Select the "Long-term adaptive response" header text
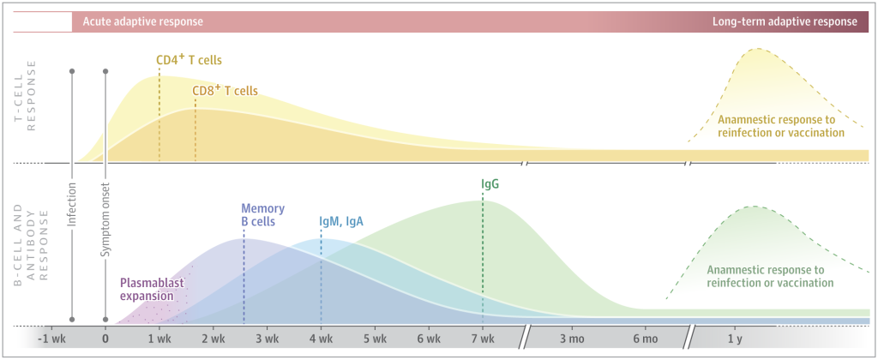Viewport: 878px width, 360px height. [x=784, y=21]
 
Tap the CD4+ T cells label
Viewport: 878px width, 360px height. [x=189, y=61]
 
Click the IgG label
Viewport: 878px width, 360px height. [x=490, y=183]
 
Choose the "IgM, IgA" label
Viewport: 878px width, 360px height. [x=341, y=221]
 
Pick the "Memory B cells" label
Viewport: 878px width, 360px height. [x=262, y=215]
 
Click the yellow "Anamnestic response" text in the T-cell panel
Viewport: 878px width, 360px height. [x=781, y=125]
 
